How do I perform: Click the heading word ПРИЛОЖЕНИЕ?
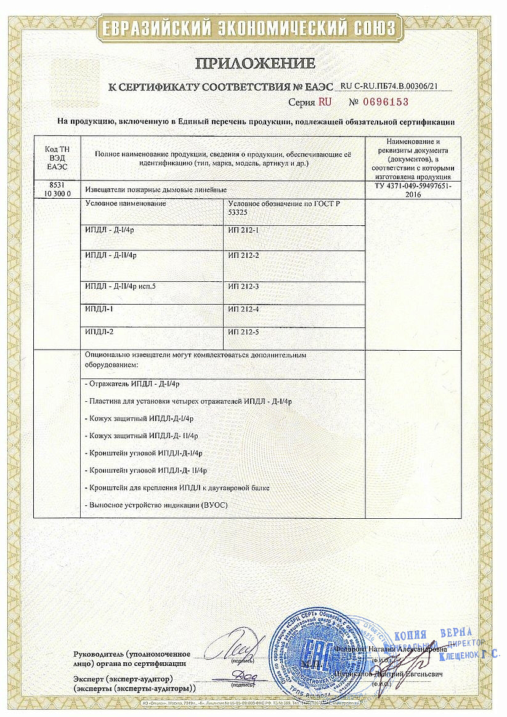[255, 63]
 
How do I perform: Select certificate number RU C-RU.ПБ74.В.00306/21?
[392, 86]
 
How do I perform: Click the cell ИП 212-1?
[243, 230]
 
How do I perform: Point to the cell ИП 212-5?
[243, 332]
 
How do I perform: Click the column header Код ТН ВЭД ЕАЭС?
[57, 158]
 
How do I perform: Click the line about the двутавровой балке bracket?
[176, 487]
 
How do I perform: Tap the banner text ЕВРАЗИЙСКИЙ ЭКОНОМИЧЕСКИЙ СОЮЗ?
[253, 28]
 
